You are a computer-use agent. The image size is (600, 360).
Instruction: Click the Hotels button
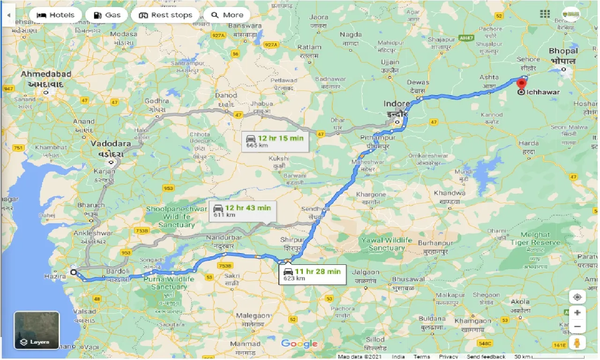click(x=55, y=15)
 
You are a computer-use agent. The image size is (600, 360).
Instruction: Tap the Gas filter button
click(x=106, y=15)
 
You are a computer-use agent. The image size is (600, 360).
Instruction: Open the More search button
click(x=227, y=15)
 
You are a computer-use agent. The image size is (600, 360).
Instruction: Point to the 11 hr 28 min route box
click(x=312, y=274)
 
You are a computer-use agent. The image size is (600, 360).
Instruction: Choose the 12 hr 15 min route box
click(x=275, y=141)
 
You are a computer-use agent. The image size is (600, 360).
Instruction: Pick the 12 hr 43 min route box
click(x=242, y=211)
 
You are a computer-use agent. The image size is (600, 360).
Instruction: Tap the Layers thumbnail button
click(x=37, y=330)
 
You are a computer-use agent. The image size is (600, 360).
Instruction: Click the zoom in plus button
click(x=577, y=313)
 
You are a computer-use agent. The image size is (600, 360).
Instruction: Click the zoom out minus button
click(x=577, y=327)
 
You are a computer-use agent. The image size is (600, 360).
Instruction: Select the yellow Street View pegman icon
click(x=577, y=342)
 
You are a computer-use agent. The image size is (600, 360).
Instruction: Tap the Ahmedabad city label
click(x=45, y=78)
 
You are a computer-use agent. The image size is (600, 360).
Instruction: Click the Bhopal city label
click(x=563, y=55)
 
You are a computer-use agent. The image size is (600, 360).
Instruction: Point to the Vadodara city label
click(x=111, y=148)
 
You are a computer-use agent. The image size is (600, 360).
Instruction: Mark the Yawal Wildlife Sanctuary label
click(x=386, y=244)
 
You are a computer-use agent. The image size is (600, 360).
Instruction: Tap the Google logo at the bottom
click(x=300, y=344)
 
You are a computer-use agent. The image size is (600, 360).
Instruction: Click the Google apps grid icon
click(x=545, y=14)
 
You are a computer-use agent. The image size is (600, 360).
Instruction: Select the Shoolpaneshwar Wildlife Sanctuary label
click(x=176, y=217)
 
